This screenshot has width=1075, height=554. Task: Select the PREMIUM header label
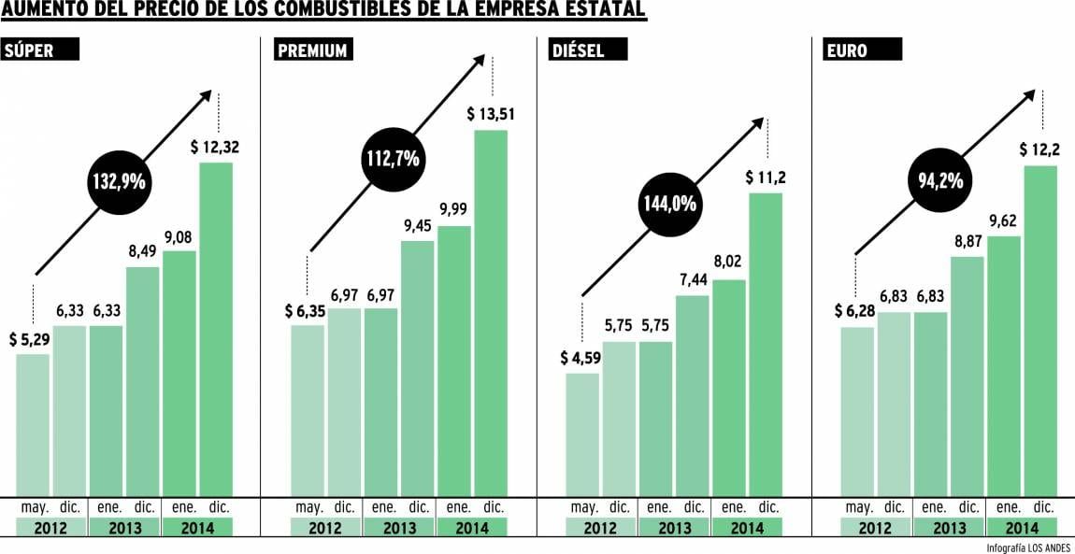[x=312, y=50]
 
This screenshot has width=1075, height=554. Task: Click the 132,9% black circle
[x=119, y=181]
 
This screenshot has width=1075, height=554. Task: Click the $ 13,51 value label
[x=492, y=114]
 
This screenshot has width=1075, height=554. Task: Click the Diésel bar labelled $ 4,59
[x=582, y=434]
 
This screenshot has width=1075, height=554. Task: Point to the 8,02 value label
[x=728, y=263]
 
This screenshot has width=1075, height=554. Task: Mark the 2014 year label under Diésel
[x=747, y=528]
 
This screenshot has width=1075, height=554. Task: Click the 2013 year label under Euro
[x=948, y=528]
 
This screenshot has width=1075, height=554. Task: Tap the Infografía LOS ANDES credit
[x=1027, y=547]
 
